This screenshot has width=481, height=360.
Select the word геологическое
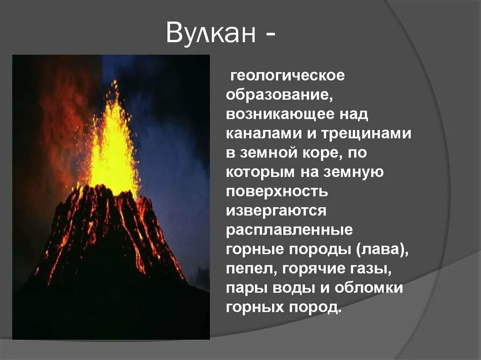(x=287, y=76)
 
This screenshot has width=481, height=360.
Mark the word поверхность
(x=277, y=191)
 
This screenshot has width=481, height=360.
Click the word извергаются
(x=276, y=211)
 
